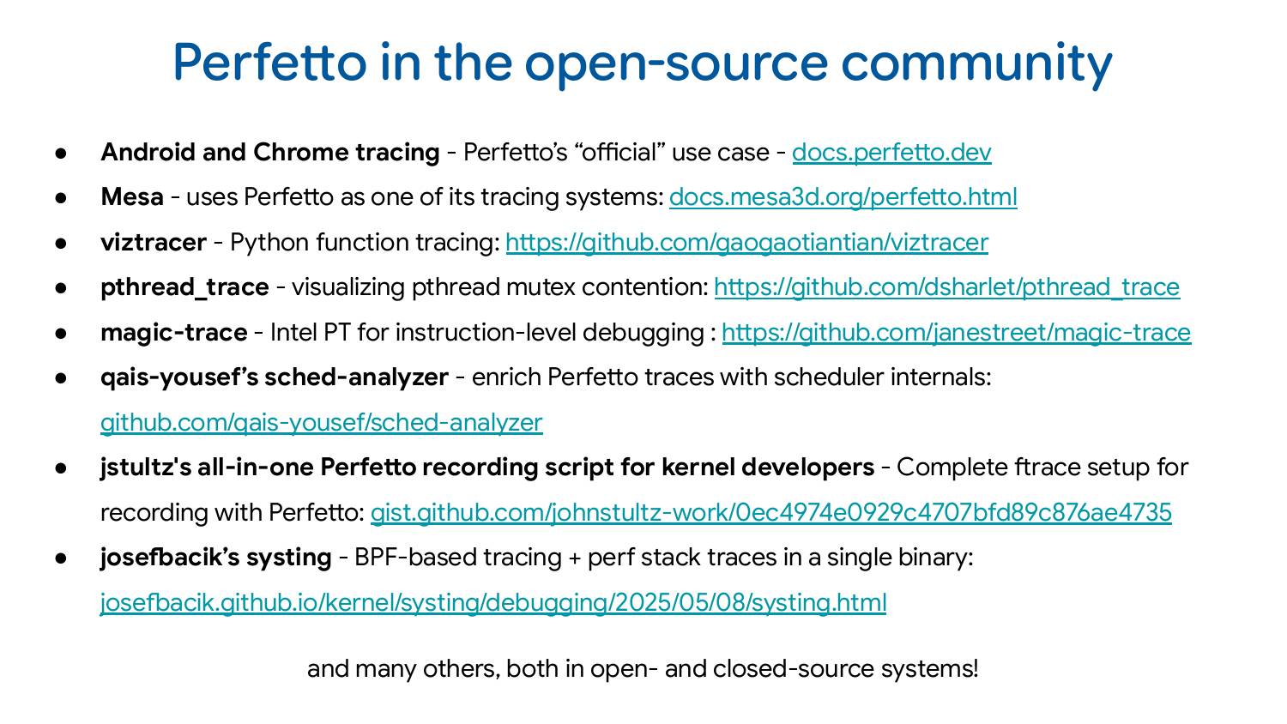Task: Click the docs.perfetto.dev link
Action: point(891,153)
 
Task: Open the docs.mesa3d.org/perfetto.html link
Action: point(843,197)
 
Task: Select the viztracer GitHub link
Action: point(746,243)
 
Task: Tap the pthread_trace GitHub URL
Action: point(946,287)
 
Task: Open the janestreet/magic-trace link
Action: point(956,333)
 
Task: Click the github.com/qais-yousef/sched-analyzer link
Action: point(321,423)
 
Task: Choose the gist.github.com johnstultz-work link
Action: point(770,513)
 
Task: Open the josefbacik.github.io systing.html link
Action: point(493,603)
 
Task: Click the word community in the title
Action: point(976,63)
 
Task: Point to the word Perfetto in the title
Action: point(269,63)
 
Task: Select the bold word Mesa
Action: point(131,197)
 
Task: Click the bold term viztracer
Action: point(153,243)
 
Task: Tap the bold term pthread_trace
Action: point(184,287)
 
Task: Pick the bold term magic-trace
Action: point(173,333)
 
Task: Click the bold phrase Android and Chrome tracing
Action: point(269,153)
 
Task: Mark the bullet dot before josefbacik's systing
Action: point(61,558)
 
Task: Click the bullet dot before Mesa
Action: point(61,197)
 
